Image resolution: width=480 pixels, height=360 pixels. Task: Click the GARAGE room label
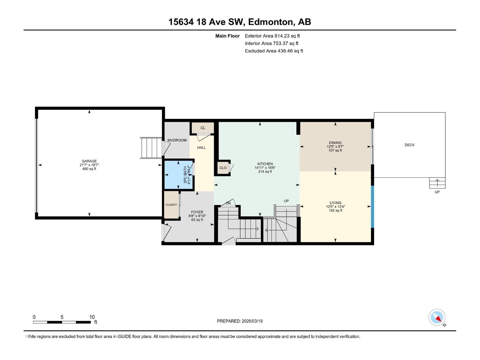(x=89, y=161)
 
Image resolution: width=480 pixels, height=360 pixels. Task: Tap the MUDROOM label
(x=177, y=140)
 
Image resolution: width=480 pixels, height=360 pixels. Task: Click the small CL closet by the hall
(x=203, y=128)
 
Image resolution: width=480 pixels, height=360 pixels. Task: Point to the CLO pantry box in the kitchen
(x=223, y=168)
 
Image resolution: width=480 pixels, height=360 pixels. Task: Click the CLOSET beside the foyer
(x=171, y=205)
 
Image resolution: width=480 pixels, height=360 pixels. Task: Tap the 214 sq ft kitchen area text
(x=265, y=172)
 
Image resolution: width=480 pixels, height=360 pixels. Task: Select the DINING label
(x=335, y=143)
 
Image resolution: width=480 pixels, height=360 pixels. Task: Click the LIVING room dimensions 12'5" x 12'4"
(x=335, y=207)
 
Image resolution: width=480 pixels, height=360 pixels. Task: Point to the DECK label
(x=409, y=145)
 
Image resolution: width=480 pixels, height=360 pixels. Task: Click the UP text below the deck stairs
(x=437, y=192)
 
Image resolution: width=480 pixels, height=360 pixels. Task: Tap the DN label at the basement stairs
(x=228, y=203)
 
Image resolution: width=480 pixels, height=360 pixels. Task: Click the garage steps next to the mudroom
(x=151, y=148)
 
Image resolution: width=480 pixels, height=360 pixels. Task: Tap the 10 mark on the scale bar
(x=92, y=317)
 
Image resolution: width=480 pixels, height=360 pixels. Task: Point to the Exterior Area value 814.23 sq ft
(x=287, y=36)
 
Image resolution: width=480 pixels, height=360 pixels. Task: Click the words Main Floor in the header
(x=227, y=36)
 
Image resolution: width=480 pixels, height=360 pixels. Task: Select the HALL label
(x=202, y=148)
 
